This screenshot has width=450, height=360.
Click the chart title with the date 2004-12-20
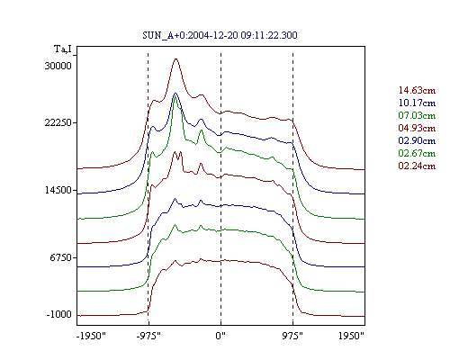[220, 35]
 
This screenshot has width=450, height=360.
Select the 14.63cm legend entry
[417, 90]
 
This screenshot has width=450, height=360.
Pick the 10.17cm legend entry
[417, 103]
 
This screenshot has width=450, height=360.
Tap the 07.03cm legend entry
[417, 115]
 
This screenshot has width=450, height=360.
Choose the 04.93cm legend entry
[417, 128]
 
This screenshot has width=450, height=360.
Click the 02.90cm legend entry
[417, 140]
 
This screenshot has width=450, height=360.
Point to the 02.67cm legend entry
[417, 153]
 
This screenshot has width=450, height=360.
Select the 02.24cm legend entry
[417, 166]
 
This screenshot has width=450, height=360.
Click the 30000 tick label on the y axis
[58, 66]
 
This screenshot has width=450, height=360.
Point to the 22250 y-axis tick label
[58, 122]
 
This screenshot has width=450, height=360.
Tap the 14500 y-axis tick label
[58, 190]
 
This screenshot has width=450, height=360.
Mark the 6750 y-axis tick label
[61, 257]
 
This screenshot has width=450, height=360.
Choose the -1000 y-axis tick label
[59, 314]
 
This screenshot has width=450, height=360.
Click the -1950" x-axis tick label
[91, 336]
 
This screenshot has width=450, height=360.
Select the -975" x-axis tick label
[148, 336]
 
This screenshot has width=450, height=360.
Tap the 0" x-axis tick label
[220, 336]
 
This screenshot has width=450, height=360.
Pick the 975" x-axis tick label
[292, 336]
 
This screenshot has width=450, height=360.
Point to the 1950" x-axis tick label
[351, 336]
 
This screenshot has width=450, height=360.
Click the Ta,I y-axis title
[63, 49]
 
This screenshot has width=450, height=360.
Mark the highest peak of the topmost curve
[176, 58]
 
